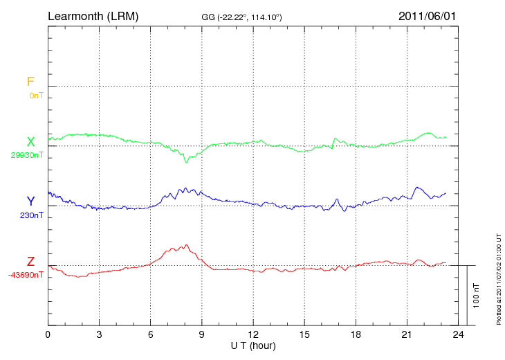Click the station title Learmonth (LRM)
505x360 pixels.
pyautogui.click(x=93, y=15)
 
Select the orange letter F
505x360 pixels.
pyautogui.click(x=30, y=82)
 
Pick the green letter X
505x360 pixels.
pyautogui.click(x=30, y=142)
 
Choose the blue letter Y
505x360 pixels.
pyautogui.click(x=30, y=201)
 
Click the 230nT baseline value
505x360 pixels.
pyautogui.click(x=30, y=215)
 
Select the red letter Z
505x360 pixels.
pyautogui.click(x=30, y=262)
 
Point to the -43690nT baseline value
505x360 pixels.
pyautogui.click(x=26, y=275)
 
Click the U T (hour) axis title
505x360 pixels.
pyautogui.click(x=253, y=345)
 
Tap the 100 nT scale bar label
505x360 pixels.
pyautogui.click(x=477, y=295)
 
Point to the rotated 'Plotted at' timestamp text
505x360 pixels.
pyautogui.click(x=499, y=277)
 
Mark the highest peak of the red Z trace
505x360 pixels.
pyautogui.click(x=186, y=245)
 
